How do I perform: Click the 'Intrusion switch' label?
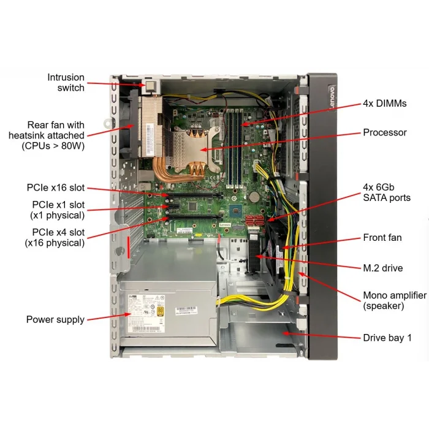(66, 83)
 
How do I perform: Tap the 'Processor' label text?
(384, 132)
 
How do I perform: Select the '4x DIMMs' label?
(384, 104)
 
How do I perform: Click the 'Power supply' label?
(55, 319)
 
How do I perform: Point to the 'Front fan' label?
(382, 238)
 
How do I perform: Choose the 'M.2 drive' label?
(383, 268)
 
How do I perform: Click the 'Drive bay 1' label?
(387, 338)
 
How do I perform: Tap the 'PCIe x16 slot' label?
(56, 188)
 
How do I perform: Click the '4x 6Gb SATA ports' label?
(386, 192)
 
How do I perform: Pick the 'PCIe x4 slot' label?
(55, 237)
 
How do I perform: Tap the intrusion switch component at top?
(150, 85)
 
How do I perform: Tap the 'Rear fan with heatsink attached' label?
(47, 135)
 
